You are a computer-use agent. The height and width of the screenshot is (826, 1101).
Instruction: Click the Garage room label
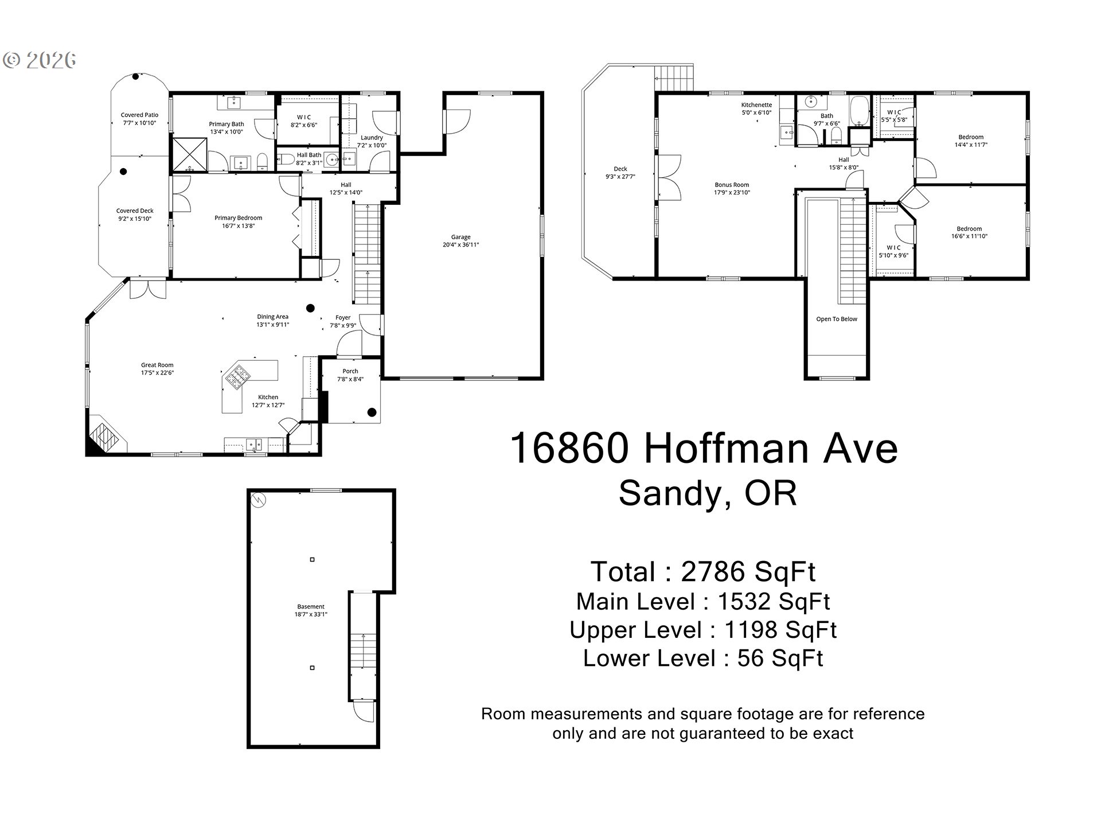click(460, 237)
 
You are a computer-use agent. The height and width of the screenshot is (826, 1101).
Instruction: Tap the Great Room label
click(157, 365)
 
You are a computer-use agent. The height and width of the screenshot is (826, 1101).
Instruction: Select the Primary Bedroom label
click(238, 218)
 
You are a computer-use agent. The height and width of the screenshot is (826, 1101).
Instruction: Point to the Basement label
click(311, 606)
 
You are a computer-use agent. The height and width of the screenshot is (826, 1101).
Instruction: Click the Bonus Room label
click(732, 185)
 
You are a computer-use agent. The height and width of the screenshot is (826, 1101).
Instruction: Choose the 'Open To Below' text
click(837, 319)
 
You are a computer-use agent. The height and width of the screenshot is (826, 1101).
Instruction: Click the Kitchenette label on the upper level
click(756, 105)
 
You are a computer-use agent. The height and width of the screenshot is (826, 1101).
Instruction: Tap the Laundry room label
click(372, 138)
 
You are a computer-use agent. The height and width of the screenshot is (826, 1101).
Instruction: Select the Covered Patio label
click(139, 115)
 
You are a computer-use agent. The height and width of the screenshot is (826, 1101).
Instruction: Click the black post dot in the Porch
click(372, 412)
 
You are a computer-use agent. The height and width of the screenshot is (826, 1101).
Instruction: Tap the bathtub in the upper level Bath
click(858, 111)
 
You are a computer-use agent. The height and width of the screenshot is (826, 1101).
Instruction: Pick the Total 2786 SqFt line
click(703, 571)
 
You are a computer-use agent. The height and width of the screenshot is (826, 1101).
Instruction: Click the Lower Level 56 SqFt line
click(703, 658)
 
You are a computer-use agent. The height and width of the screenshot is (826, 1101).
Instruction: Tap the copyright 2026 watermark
click(40, 60)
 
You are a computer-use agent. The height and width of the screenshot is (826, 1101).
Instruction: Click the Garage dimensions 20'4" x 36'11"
click(460, 245)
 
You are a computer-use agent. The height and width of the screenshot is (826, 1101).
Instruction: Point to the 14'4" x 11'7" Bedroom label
click(971, 141)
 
